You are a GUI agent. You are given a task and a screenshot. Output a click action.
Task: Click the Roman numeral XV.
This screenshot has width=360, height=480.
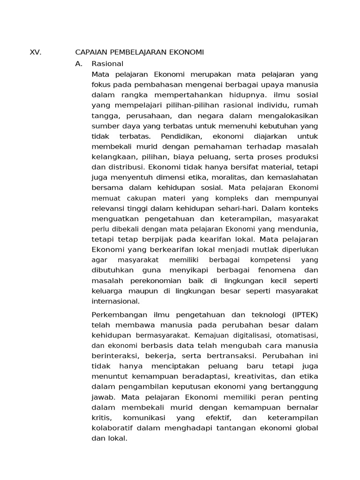(x=36, y=52)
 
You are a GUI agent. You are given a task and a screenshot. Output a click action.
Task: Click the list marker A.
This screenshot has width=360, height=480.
(x=79, y=63)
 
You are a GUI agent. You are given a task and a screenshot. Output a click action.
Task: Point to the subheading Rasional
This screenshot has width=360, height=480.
(x=107, y=63)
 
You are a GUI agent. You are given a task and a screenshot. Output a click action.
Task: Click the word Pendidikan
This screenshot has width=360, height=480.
(x=181, y=136)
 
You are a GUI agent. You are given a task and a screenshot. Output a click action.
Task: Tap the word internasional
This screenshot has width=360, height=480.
(x=116, y=301)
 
